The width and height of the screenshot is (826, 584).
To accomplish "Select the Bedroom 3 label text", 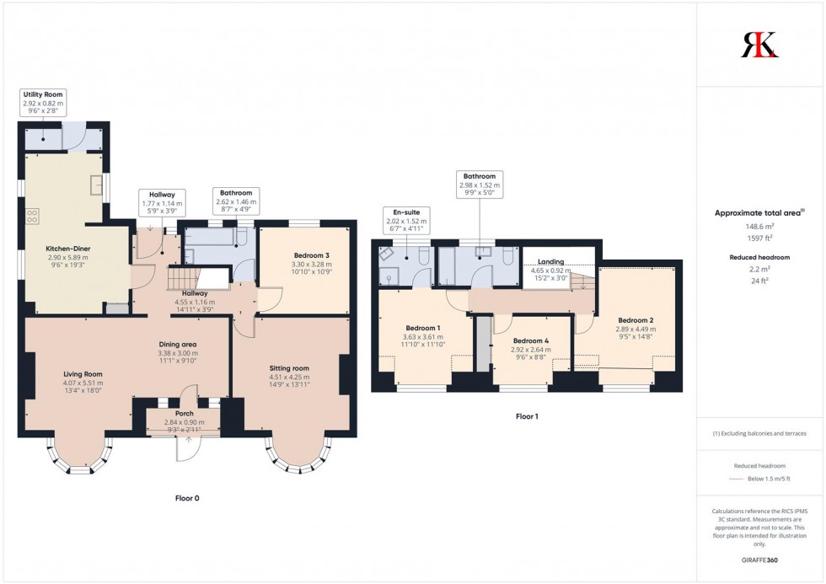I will (x=304, y=255).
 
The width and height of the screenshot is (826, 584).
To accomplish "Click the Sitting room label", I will (x=289, y=368).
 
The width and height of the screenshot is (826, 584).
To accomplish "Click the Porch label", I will (x=184, y=414).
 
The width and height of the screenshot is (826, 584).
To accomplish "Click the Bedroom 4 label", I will (x=531, y=341).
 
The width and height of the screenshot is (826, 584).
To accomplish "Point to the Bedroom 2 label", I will (x=636, y=320).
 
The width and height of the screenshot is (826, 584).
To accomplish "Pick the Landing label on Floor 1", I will (x=548, y=262).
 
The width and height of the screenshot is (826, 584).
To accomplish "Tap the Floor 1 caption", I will (x=527, y=416).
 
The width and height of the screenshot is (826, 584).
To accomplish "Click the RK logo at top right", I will (x=759, y=45).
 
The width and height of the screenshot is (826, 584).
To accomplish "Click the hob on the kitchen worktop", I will (x=34, y=216).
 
